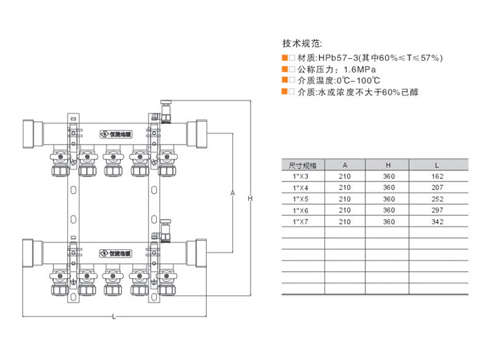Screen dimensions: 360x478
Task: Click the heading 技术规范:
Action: pos(302,43)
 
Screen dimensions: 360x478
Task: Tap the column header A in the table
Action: pos(344,165)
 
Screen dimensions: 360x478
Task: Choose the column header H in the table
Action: pos(388,165)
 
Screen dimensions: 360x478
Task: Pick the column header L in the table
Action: pos(436,165)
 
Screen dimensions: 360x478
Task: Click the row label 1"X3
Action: pos(301,177)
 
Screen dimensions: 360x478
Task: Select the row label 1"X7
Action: pos(301,222)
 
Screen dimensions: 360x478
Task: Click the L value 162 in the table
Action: pos(436,177)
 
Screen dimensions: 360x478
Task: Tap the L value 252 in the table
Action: pos(436,199)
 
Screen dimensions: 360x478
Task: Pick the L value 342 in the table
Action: pos(436,222)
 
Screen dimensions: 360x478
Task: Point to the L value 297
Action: pos(436,210)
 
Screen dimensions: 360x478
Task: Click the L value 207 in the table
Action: pos(436,188)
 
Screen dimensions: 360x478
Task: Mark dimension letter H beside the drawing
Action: pos(250,199)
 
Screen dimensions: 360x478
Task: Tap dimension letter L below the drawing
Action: pos(114,318)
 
